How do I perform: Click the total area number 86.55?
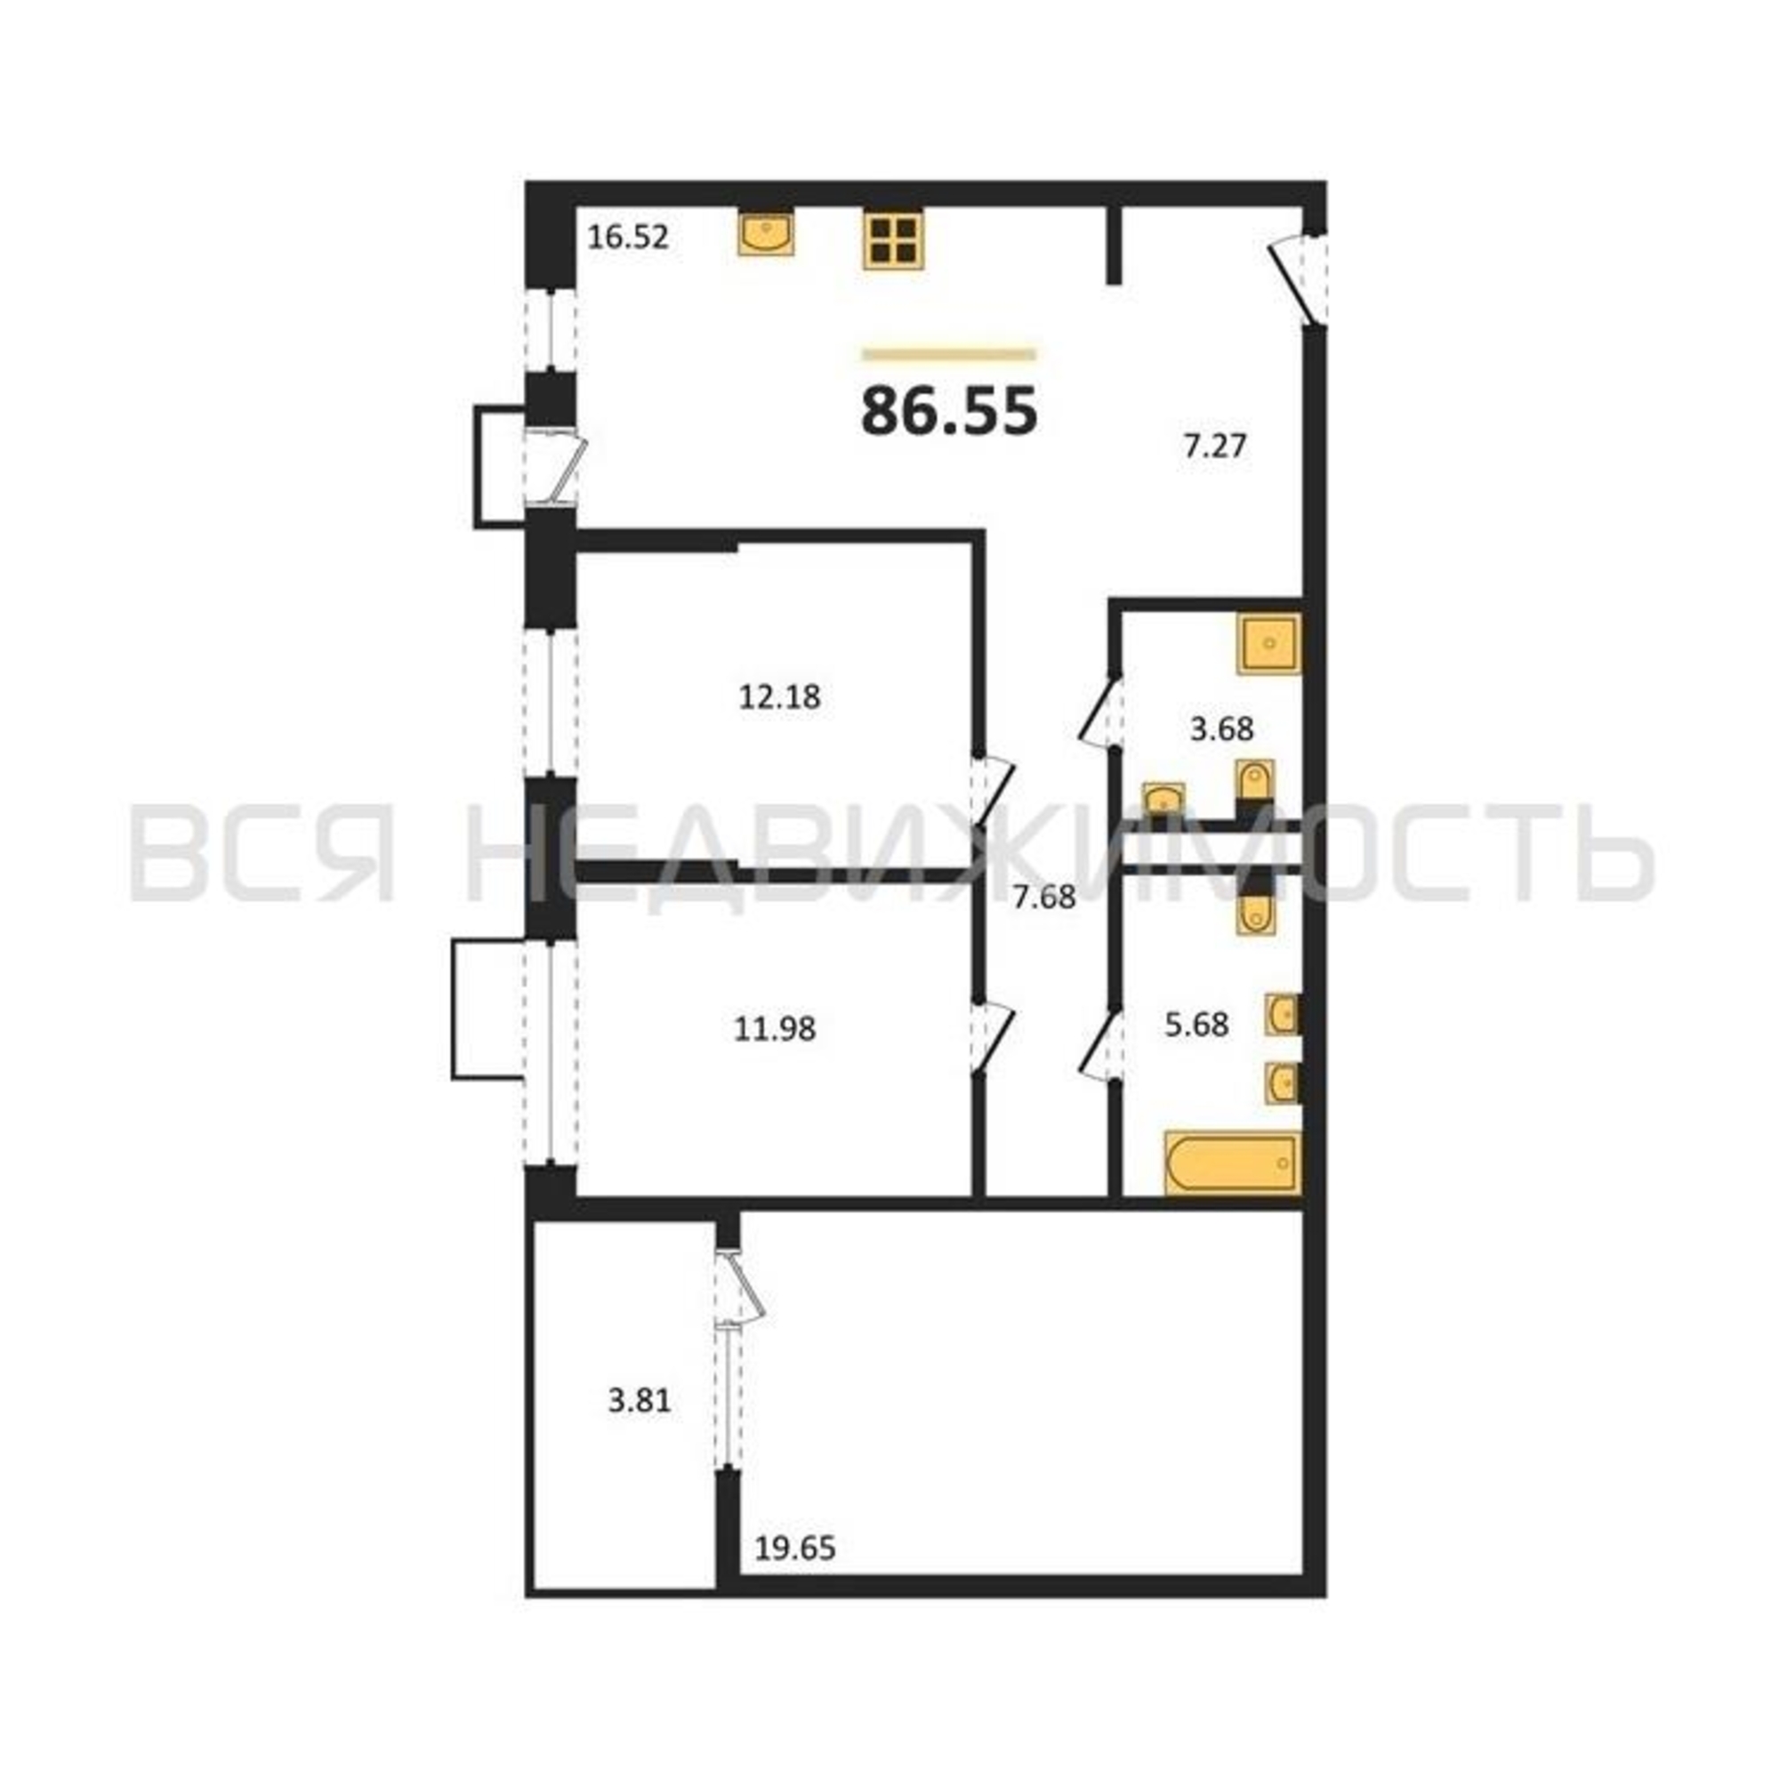click(x=949, y=411)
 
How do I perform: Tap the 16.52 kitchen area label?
click(x=628, y=237)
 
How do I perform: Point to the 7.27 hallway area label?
click(x=1214, y=447)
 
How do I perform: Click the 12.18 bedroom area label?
click(x=780, y=697)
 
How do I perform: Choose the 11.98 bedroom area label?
click(x=775, y=1028)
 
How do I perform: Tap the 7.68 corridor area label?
click(x=1044, y=897)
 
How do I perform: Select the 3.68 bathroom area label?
click(x=1222, y=729)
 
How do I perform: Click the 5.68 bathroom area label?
click(x=1197, y=1025)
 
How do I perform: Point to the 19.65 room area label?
click(x=795, y=1549)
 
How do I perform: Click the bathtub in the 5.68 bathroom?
click(x=1233, y=1163)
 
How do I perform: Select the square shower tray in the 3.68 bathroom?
click(x=1270, y=643)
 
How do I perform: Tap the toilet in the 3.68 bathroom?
click(x=1254, y=785)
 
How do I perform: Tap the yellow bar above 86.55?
click(x=949, y=354)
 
